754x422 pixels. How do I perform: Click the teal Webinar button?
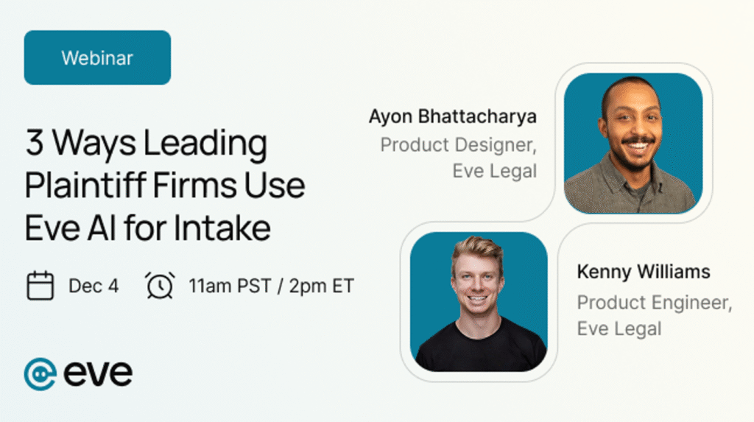tap(97, 57)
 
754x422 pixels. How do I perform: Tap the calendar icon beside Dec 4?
tap(40, 286)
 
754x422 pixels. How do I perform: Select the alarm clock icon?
tap(160, 286)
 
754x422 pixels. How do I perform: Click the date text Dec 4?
tap(94, 286)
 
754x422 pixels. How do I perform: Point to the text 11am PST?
tap(230, 286)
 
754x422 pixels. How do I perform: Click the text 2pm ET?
tap(321, 286)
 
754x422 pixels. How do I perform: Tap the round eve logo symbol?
tap(40, 374)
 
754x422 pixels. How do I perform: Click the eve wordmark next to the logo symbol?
tap(98, 374)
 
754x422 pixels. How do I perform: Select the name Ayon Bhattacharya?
tap(453, 117)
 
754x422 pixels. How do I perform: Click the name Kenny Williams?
tap(644, 272)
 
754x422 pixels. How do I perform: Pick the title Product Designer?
tap(458, 145)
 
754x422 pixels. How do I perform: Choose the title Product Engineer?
tap(655, 303)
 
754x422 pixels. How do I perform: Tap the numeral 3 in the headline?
tap(34, 143)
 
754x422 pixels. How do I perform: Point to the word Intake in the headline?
tap(222, 228)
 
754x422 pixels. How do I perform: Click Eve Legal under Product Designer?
tap(494, 171)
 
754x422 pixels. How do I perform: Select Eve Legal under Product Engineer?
tap(619, 328)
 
